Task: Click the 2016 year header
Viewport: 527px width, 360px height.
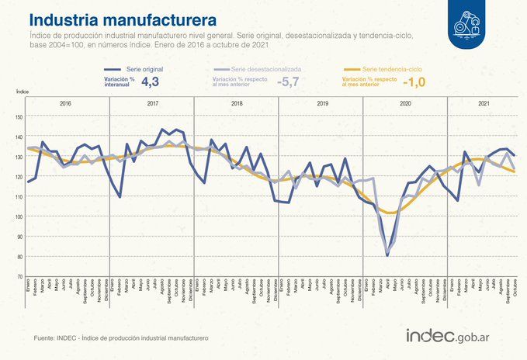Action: coord(65,103)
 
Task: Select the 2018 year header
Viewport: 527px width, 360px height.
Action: coord(237,103)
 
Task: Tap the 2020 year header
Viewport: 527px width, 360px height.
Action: coord(405,103)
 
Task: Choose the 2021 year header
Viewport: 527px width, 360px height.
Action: coord(483,103)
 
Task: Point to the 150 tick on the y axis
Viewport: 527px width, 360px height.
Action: coord(19,117)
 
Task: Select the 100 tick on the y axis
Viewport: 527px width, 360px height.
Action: coord(19,216)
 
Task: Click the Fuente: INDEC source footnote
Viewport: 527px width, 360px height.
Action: coord(120,339)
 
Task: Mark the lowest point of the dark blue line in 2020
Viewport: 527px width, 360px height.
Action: coord(387,254)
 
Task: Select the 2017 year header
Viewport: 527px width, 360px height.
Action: coord(151,103)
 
